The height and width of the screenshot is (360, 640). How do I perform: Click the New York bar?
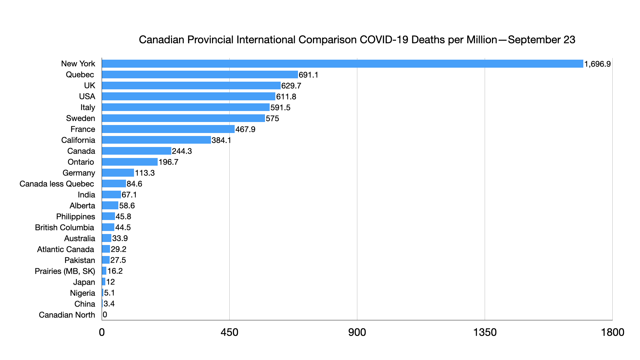342,64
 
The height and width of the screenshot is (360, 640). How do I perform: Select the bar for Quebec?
200,75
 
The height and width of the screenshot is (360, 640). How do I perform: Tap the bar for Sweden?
183,118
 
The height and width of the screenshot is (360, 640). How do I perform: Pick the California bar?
156,140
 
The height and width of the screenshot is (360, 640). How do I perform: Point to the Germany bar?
118,173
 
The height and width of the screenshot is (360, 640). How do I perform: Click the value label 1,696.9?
597,64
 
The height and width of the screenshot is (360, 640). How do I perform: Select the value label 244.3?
182,151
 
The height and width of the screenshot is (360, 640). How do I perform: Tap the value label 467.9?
245,129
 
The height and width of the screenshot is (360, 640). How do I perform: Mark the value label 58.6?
127,206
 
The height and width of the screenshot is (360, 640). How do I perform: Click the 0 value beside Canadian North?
105,315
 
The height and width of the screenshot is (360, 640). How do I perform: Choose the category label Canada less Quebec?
57,184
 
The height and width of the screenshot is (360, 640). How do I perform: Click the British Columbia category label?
64,228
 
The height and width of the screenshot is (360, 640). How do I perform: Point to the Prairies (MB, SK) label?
65,271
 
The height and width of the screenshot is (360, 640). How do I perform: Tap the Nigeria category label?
82,293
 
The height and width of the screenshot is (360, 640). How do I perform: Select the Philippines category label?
76,217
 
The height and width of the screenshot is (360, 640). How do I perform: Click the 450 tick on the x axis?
229,332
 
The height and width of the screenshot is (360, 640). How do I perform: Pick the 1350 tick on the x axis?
485,332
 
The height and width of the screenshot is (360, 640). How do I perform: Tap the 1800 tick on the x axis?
612,332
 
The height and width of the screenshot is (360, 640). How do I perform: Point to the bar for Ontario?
130,162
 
